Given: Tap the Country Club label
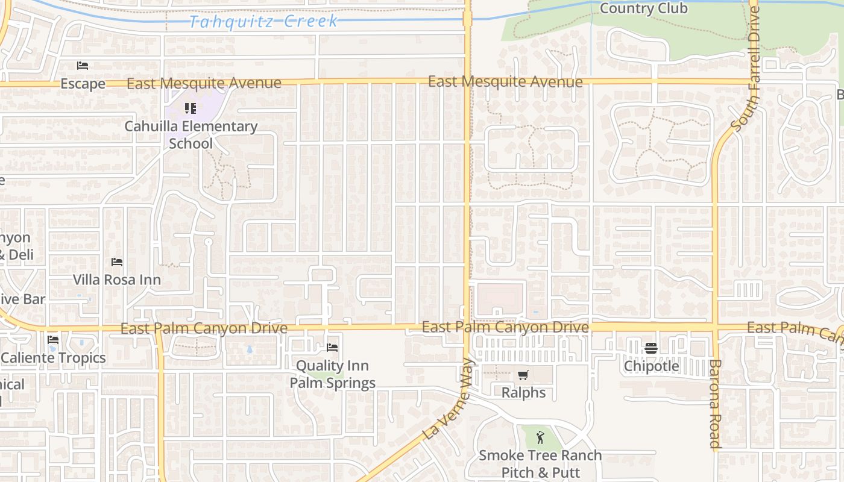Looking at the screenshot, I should tap(643, 8).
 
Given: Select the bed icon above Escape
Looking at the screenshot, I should tap(83, 65).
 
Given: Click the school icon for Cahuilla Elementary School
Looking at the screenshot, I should tap(191, 108).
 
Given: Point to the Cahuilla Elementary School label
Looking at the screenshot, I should tap(191, 135).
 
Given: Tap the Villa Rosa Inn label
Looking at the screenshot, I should tap(117, 280).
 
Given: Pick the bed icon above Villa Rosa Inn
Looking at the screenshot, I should tap(117, 262).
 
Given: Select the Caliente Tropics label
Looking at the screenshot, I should tap(53, 358).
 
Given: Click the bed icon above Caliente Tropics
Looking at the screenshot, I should tap(53, 340).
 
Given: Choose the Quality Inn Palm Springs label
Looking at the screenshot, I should tap(332, 374).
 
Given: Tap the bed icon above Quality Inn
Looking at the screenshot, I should tap(332, 348).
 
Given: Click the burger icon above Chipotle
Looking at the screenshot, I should tap(650, 348).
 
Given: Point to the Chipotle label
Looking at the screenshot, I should tap(651, 366).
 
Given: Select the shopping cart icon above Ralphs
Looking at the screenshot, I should tap(523, 375).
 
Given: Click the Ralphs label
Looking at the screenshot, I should tap(523, 393).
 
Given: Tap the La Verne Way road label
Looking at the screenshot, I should tap(446, 399).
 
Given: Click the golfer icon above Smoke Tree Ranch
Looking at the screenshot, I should tap(540, 437).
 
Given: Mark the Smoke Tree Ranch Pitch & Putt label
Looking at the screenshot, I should tap(540, 464).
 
